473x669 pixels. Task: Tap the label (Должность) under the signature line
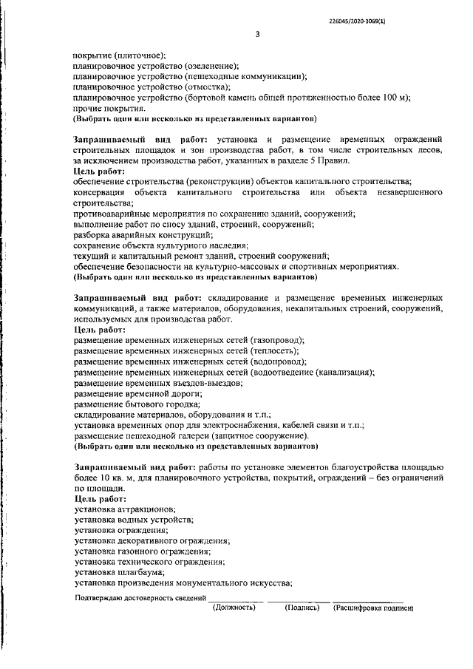tap(234, 608)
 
